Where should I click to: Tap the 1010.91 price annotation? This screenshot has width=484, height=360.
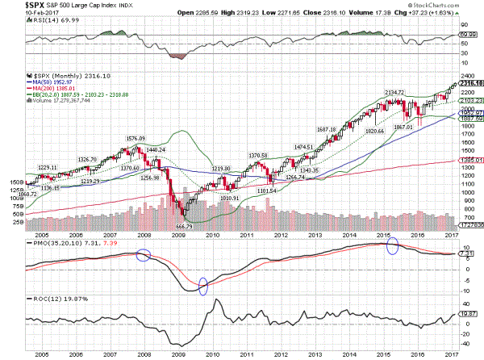coord(232,197)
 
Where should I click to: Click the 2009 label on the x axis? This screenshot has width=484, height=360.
coord(177,352)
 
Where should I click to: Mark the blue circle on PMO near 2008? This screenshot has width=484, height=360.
coord(143,255)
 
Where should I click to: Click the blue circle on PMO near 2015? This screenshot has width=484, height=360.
coord(392,247)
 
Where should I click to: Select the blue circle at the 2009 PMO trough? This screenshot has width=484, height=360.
coord(202,286)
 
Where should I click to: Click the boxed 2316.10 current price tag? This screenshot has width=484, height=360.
coord(471,83)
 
